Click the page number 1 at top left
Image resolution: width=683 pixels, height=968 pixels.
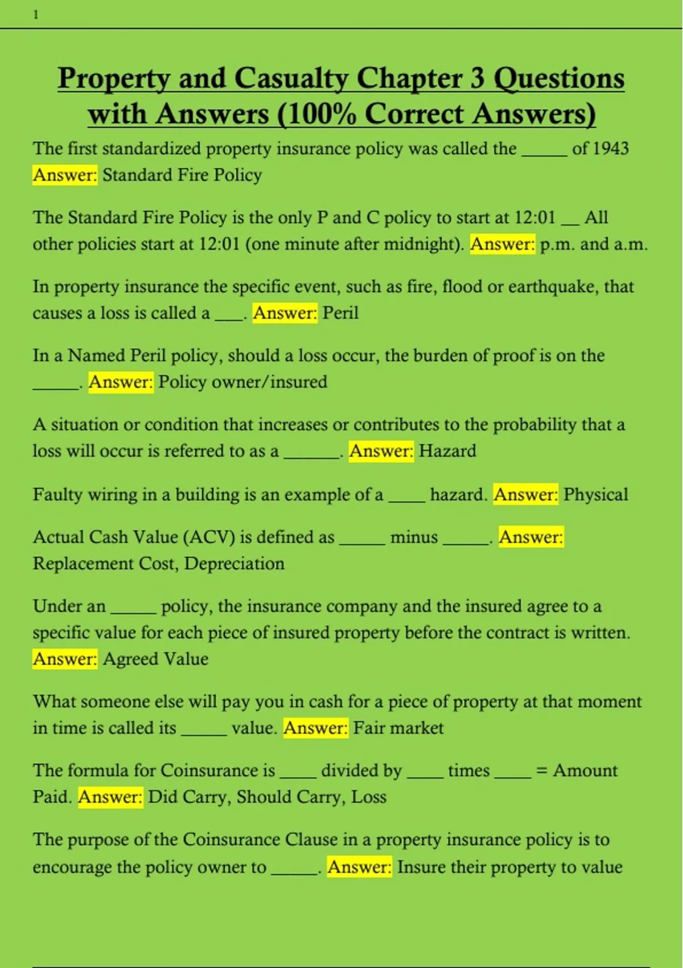(36, 15)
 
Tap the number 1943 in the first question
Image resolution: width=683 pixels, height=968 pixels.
(611, 149)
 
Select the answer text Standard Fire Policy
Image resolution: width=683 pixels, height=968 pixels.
(182, 175)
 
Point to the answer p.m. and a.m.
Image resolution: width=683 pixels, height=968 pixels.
(594, 244)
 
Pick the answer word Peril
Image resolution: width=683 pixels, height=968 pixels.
(340, 313)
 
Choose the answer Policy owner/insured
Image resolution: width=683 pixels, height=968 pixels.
(242, 382)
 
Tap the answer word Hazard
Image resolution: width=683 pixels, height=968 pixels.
(447, 451)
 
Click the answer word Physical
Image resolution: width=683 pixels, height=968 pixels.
(595, 494)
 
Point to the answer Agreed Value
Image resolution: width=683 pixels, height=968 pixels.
(155, 659)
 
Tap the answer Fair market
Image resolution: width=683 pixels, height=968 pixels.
(398, 728)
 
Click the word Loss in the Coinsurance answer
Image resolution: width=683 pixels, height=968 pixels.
(369, 797)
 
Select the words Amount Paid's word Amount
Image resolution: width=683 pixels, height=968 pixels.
(585, 770)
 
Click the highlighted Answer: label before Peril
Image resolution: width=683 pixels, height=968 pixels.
(285, 313)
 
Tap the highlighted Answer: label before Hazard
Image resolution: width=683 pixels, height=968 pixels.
(381, 451)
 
